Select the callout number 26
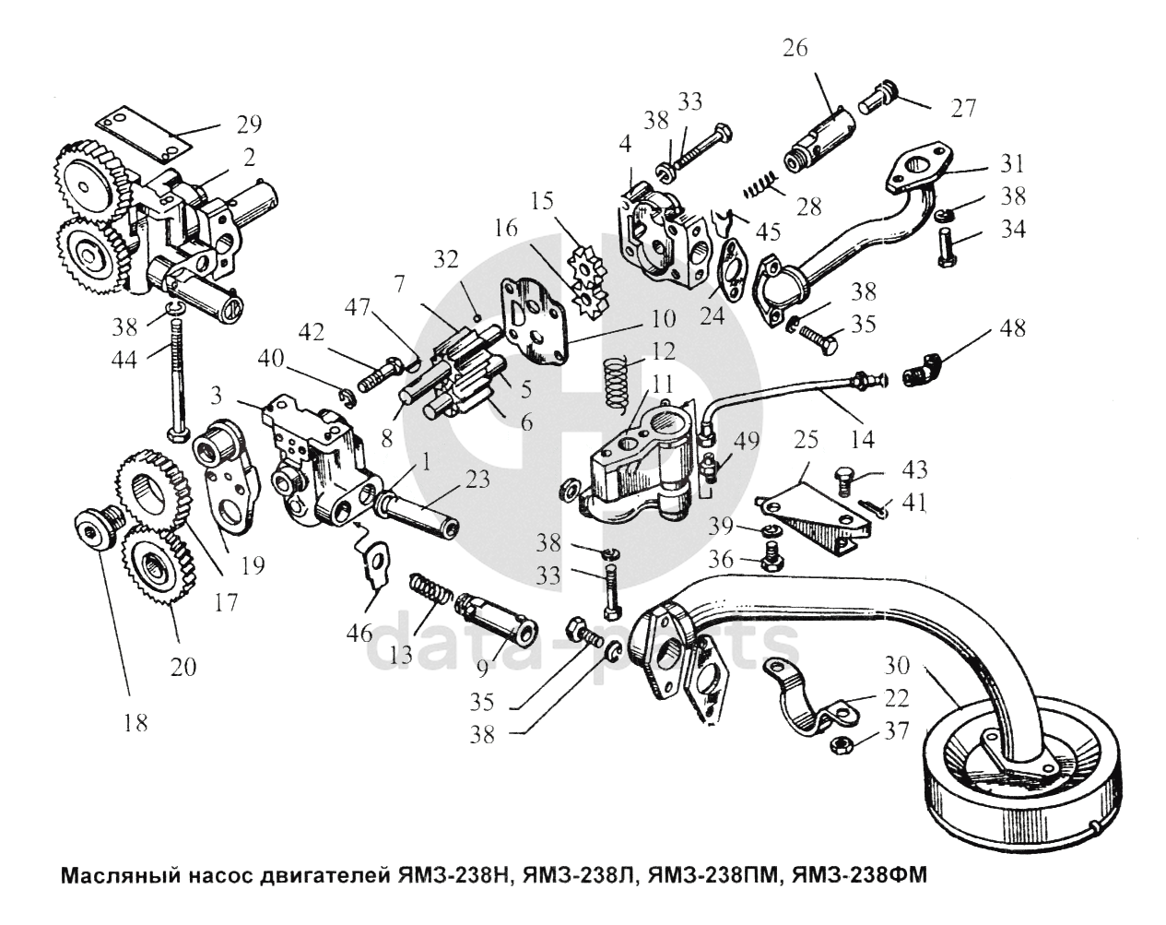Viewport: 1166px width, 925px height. tap(794, 47)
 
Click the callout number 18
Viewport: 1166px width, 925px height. tap(135, 723)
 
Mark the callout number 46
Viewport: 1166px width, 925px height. tap(360, 633)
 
